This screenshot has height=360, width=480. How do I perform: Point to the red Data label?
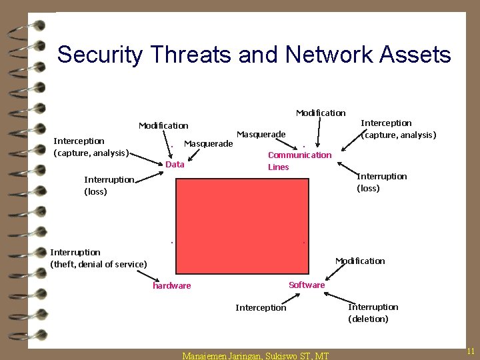175,165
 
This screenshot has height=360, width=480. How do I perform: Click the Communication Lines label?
299,161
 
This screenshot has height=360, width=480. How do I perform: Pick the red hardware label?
171,286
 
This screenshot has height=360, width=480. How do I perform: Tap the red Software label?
307,285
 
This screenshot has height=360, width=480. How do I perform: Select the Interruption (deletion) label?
373,313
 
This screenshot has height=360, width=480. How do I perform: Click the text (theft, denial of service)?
99,264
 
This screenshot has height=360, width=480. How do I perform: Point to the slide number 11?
470,351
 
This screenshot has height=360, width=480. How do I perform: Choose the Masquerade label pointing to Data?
208,143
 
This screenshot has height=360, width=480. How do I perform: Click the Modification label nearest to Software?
360,261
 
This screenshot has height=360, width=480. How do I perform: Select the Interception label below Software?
261,307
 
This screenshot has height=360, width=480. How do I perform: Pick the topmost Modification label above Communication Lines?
321,113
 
